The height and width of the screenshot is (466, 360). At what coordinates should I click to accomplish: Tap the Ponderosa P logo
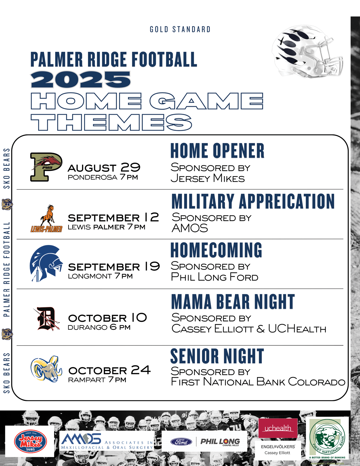(x=46, y=167)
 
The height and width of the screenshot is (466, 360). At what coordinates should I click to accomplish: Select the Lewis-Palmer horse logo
(x=46, y=218)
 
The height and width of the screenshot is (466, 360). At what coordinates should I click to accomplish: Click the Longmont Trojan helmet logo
(x=46, y=263)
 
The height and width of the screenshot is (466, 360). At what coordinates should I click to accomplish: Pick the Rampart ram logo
(x=46, y=369)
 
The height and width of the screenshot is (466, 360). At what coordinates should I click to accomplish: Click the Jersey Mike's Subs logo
(x=31, y=441)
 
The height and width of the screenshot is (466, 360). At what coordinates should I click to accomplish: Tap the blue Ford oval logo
(x=181, y=442)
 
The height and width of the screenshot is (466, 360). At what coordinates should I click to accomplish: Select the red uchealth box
(x=278, y=428)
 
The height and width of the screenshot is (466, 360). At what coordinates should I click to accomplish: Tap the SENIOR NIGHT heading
(x=217, y=356)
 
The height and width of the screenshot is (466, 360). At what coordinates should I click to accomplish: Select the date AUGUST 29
(x=104, y=167)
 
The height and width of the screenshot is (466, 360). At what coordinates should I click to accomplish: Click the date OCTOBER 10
(x=107, y=318)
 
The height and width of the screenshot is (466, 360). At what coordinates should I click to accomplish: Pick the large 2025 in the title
(x=81, y=79)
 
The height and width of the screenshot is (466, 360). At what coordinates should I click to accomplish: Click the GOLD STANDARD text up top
(x=180, y=29)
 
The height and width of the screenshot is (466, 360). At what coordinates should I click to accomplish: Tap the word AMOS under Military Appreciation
(x=190, y=228)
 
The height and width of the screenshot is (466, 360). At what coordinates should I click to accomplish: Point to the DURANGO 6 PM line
(x=99, y=327)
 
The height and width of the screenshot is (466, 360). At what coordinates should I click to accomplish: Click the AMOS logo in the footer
(x=107, y=441)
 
